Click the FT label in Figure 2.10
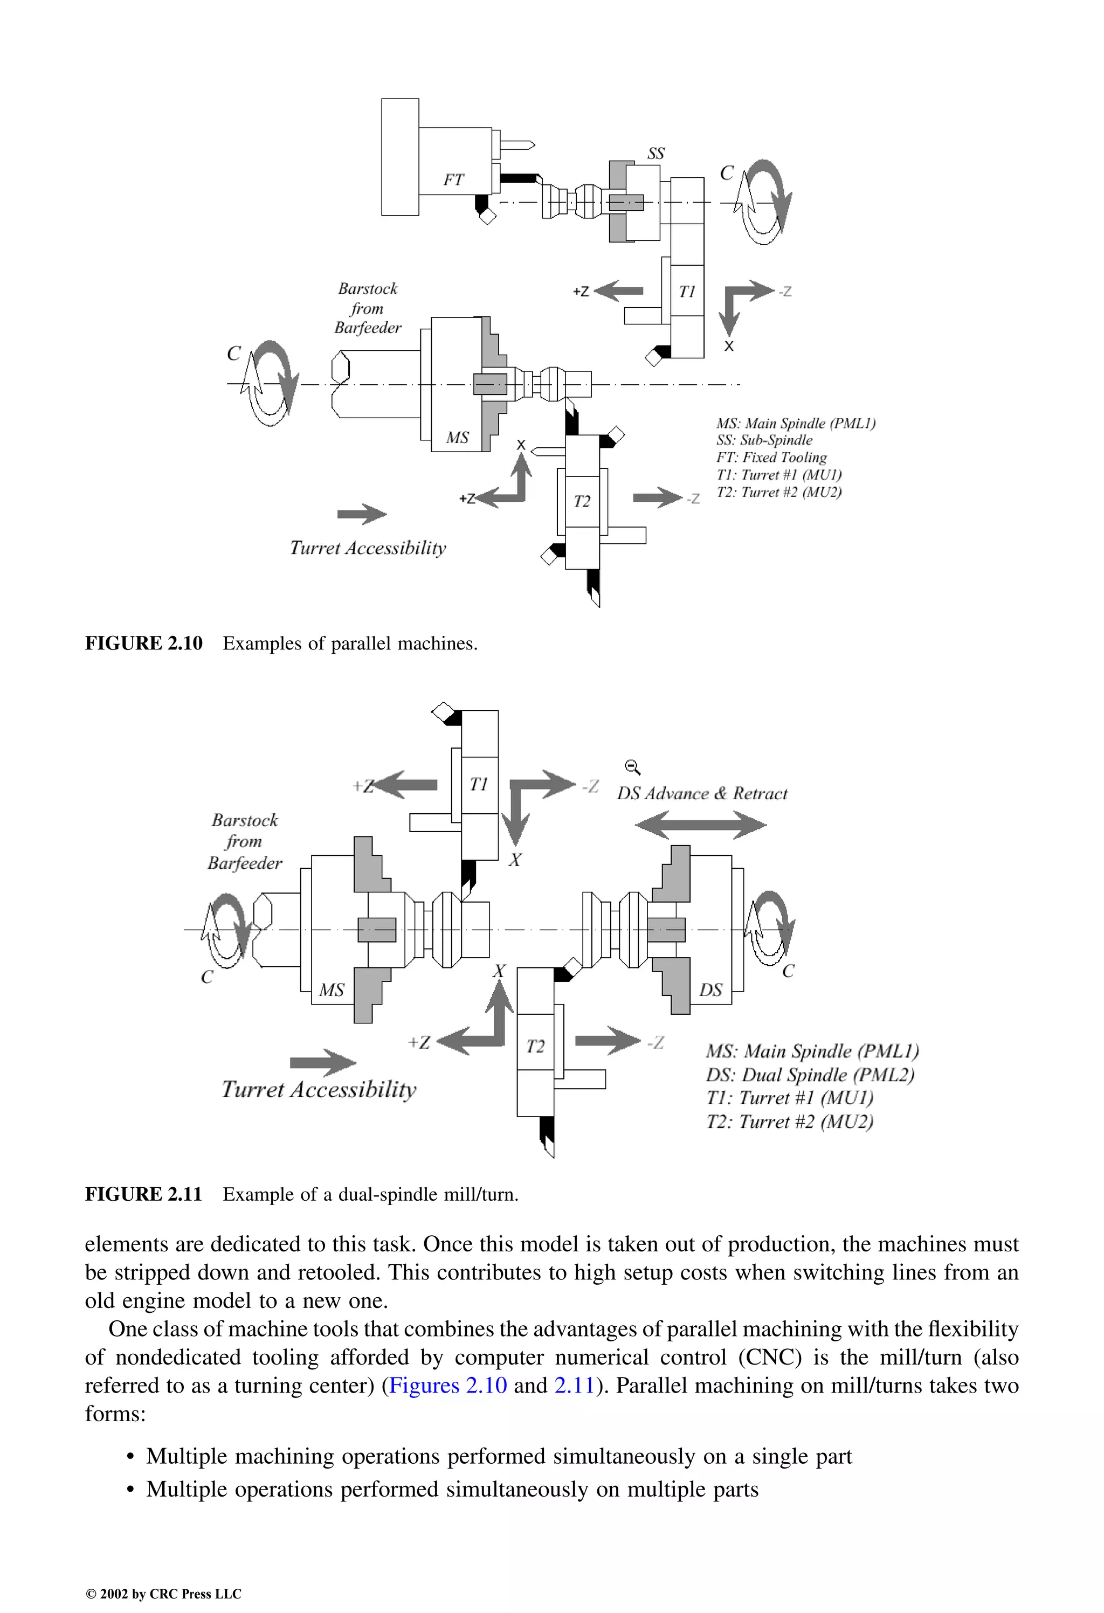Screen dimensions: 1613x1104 click(x=453, y=180)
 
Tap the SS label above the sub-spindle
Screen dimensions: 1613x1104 click(x=655, y=154)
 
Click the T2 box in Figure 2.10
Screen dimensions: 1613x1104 click(x=582, y=501)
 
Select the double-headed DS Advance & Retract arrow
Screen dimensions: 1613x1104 click(x=701, y=825)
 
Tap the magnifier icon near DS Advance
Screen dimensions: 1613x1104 click(x=632, y=767)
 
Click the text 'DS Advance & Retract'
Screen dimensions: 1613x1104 click(x=702, y=794)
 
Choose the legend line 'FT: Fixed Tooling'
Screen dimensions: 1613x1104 click(x=771, y=458)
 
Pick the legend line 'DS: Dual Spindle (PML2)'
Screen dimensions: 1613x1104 click(x=810, y=1075)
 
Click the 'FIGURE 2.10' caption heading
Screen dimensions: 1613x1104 click(x=144, y=643)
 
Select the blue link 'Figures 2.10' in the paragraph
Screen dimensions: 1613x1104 click(x=448, y=1386)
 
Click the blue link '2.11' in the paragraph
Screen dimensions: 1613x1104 click(x=574, y=1386)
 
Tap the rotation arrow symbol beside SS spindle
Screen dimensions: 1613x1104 click(x=764, y=202)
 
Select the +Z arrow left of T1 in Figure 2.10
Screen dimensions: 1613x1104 click(x=618, y=291)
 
